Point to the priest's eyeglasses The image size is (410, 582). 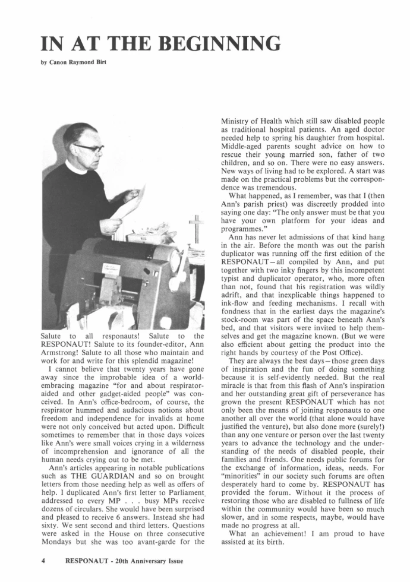point(88,146)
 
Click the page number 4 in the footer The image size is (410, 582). point(43,560)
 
